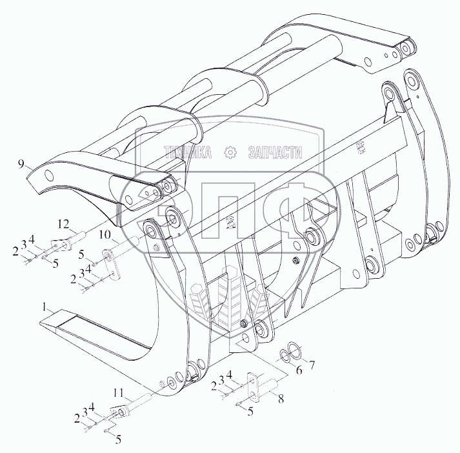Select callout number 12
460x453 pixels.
coord(63,224)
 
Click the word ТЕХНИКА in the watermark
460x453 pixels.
coord(188,153)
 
